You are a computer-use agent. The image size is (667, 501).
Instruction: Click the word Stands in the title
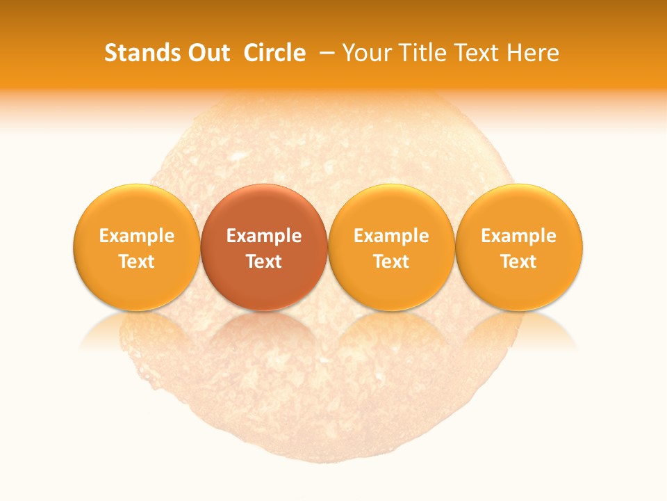pyautogui.click(x=135, y=53)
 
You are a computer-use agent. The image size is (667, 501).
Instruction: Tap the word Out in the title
pyautogui.click(x=206, y=53)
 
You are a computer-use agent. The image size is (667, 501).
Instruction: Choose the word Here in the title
pyautogui.click(x=532, y=53)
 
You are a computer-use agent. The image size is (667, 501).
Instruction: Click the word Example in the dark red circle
pyautogui.click(x=264, y=236)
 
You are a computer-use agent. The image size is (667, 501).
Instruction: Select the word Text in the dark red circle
pyautogui.click(x=264, y=262)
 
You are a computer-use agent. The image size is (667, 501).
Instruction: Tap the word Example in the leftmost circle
pyautogui.click(x=137, y=236)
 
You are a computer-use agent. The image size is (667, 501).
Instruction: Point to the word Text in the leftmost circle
pyautogui.click(x=137, y=262)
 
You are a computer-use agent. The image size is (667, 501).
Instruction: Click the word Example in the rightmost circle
pyautogui.click(x=519, y=236)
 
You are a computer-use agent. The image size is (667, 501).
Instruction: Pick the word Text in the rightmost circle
pyautogui.click(x=519, y=262)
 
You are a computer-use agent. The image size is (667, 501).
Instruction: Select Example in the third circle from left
pyautogui.click(x=391, y=236)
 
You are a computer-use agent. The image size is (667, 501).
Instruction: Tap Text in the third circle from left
pyautogui.click(x=391, y=262)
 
